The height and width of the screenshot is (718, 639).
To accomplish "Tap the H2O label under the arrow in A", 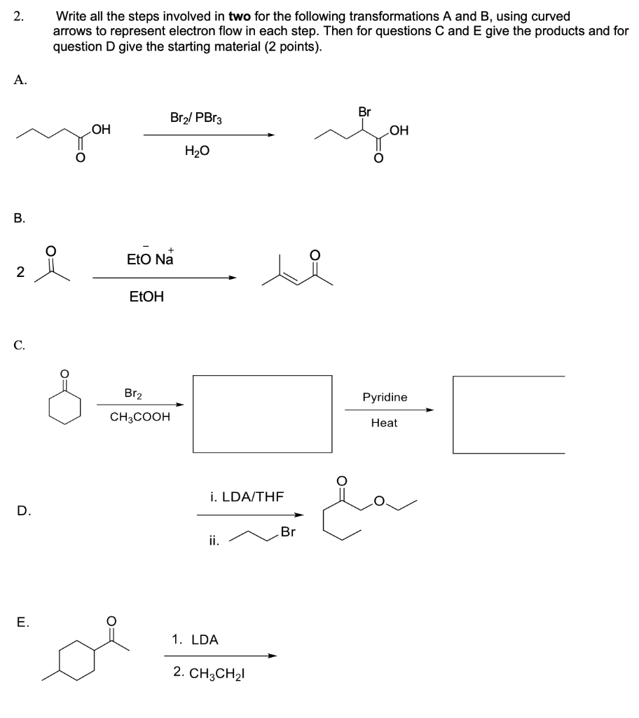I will (197, 151).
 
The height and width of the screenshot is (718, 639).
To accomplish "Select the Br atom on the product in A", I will (364, 112).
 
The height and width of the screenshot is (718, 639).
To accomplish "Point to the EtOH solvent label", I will (147, 297).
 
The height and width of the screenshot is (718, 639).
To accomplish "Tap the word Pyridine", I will (385, 398).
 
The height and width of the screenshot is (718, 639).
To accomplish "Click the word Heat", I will (384, 423).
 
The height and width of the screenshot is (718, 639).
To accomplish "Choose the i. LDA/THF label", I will (247, 496).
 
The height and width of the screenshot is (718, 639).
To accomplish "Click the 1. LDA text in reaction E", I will (195, 639).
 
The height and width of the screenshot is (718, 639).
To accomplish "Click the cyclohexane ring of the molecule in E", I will (77, 662).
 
